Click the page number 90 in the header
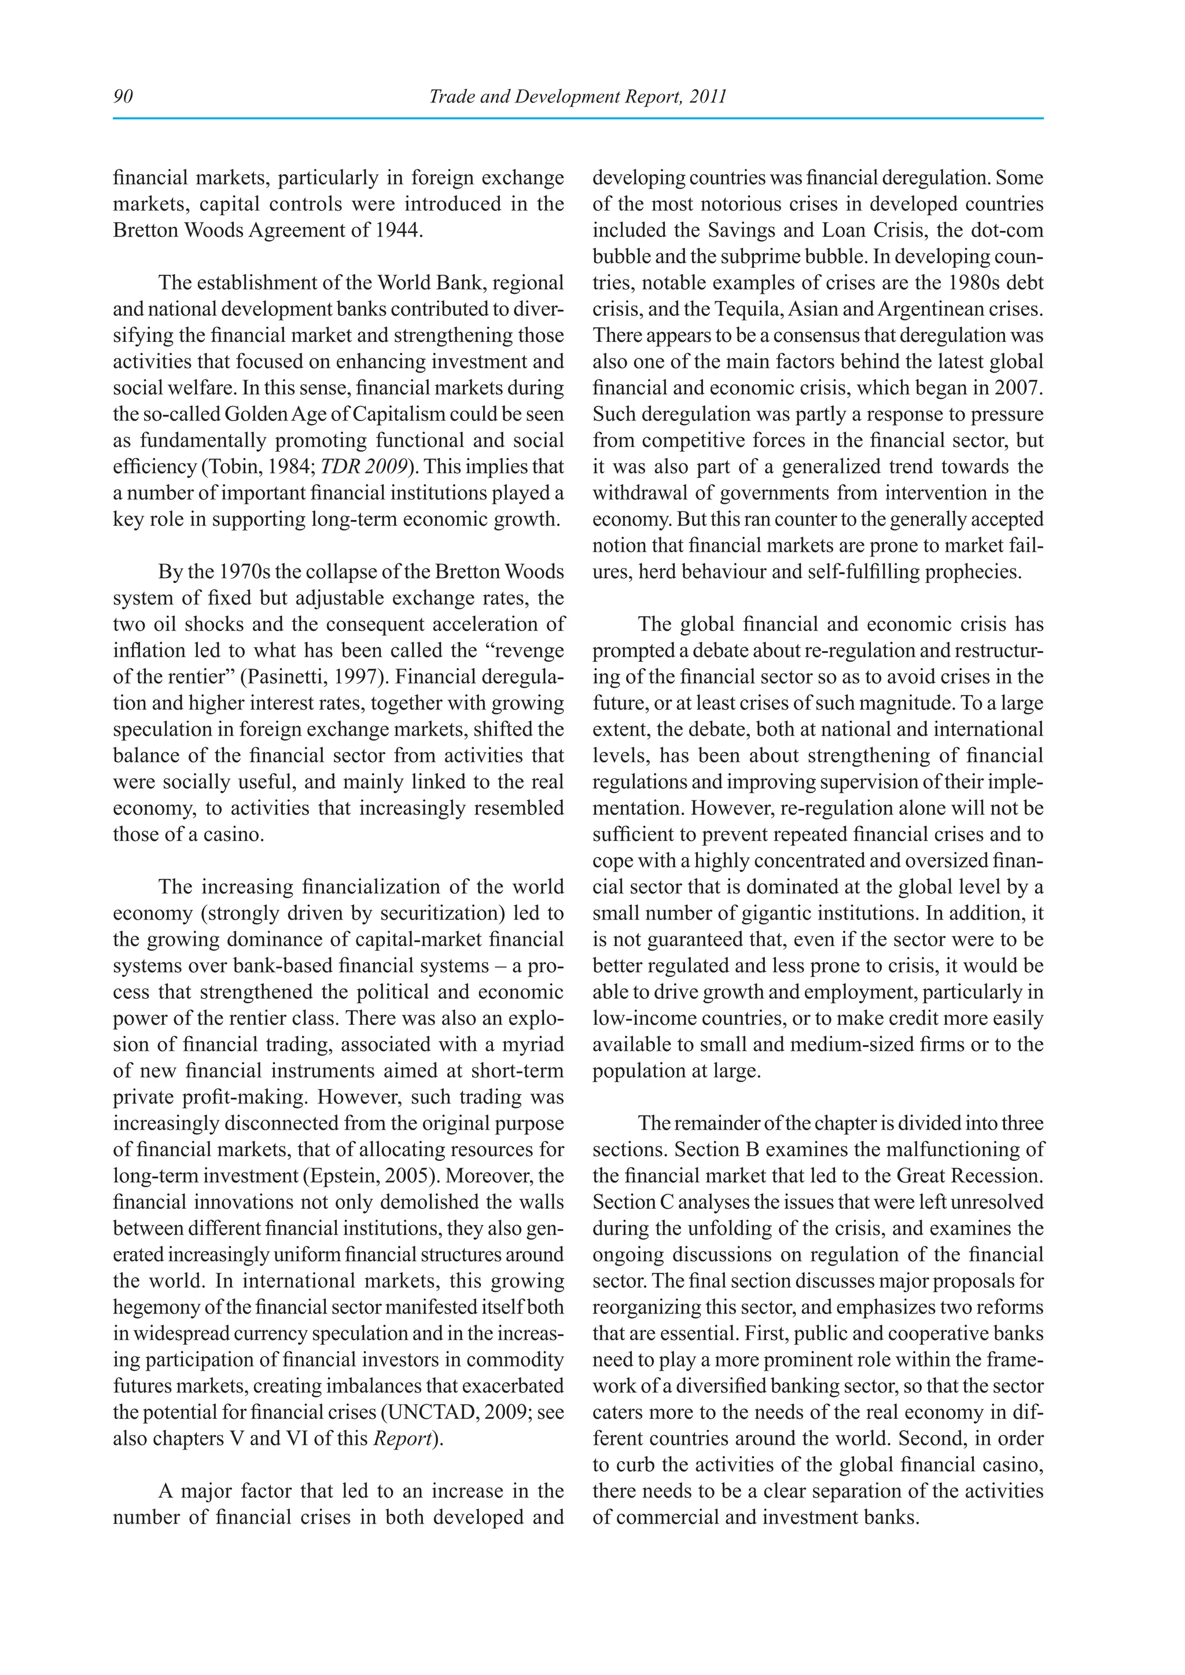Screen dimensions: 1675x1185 (123, 96)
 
